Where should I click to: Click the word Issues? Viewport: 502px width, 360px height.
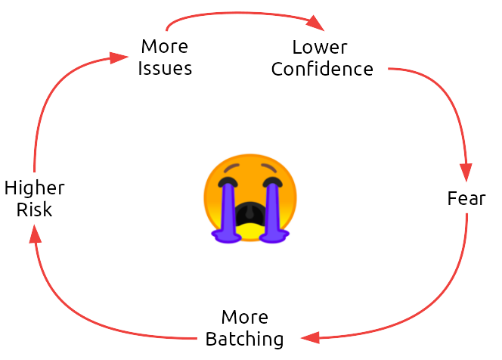[165, 69]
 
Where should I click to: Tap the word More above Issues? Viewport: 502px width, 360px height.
[165, 47]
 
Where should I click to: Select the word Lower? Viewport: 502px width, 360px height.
[320, 47]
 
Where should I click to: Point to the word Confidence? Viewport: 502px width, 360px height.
[322, 69]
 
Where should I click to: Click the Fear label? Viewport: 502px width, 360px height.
[466, 200]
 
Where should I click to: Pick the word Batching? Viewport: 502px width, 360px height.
[245, 339]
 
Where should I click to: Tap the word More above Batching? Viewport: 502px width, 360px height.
[245, 317]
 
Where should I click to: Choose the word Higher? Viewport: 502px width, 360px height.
[35, 188]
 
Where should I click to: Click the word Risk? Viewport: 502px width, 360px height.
[35, 209]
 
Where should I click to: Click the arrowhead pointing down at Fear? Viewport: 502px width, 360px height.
[467, 175]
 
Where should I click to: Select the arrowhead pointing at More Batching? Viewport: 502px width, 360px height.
[308, 337]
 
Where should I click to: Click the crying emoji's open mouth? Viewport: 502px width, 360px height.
[249, 216]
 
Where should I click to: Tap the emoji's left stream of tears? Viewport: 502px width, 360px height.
[226, 212]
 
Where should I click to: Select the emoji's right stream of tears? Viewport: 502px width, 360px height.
[273, 212]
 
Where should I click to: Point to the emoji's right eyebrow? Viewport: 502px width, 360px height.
[269, 168]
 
